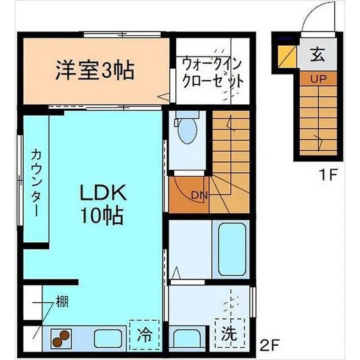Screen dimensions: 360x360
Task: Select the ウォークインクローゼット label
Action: tap(213, 73)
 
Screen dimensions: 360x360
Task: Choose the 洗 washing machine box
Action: tap(229, 334)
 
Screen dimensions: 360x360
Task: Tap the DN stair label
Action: tap(199, 194)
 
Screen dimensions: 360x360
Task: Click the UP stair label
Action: tap(318, 80)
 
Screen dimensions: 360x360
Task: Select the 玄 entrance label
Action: tap(318, 55)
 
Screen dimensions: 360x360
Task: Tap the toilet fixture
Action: tap(187, 129)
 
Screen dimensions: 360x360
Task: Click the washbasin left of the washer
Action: tap(188, 337)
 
